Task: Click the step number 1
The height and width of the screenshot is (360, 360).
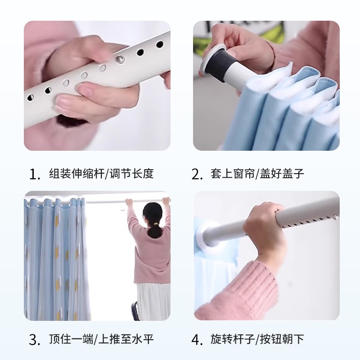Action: click(35, 175)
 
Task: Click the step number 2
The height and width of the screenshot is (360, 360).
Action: click(197, 175)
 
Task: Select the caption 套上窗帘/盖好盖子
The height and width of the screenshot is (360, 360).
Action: click(257, 174)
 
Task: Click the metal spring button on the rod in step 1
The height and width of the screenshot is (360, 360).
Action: click(121, 58)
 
